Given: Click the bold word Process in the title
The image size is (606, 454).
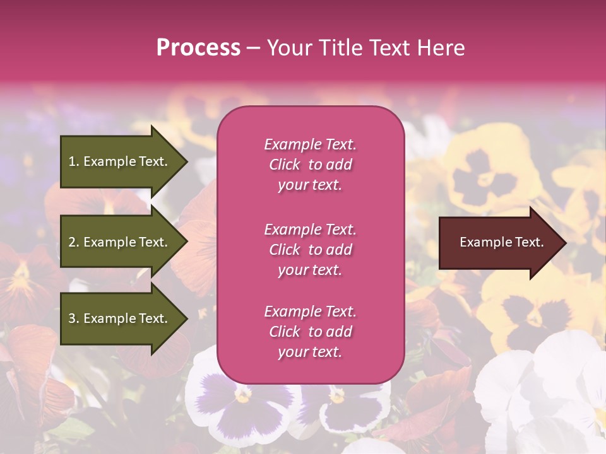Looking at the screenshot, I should [x=198, y=48].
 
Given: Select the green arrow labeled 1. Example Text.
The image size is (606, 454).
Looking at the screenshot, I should [x=120, y=161].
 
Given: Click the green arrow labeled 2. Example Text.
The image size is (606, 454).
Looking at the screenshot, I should [x=120, y=242].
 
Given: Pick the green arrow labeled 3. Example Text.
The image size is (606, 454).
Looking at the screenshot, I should [x=120, y=318].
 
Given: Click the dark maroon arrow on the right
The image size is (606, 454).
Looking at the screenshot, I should [x=499, y=243].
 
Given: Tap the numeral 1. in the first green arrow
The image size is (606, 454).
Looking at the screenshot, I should [x=73, y=161].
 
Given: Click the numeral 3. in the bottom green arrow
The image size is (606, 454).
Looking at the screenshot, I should [x=73, y=318].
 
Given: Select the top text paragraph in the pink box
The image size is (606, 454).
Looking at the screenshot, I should [x=310, y=165].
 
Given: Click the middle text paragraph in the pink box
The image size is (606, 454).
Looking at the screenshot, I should [x=310, y=250].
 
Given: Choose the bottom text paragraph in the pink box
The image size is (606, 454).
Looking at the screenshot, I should [x=310, y=332].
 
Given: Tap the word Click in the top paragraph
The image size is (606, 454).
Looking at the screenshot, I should [x=284, y=165].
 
